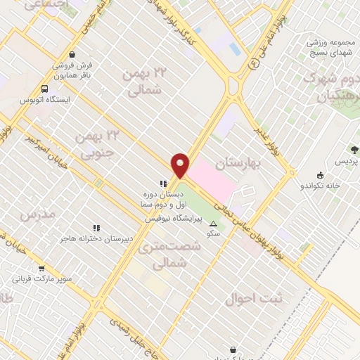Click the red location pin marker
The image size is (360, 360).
tap(181, 165)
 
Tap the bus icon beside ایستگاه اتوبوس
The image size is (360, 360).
tap(45, 89)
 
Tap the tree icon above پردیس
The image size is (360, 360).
tap(354, 150)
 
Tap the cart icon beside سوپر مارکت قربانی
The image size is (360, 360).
tap(42, 268)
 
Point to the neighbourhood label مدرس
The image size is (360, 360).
tap(37, 212)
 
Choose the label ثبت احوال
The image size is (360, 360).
tap(254, 298)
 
